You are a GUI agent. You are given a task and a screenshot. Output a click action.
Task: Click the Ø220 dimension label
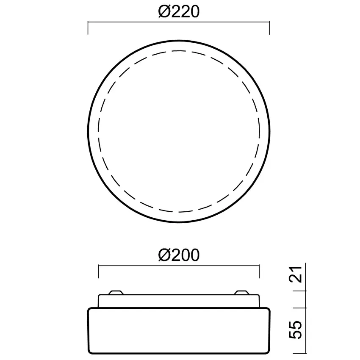tap(178, 12)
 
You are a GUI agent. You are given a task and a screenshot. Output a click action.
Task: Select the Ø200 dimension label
tap(178, 255)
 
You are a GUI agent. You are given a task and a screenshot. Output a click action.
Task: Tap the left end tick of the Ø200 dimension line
tap(98, 271)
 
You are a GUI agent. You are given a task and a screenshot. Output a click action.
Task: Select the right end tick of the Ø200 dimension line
tap(259, 271)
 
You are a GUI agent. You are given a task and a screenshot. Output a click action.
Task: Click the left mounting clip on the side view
tap(115, 292)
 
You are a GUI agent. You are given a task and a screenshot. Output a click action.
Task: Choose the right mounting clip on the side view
tap(242, 292)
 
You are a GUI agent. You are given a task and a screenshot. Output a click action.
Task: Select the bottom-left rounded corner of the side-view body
tap(90, 351)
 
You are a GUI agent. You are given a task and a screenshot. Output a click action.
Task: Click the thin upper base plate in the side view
tap(178, 301)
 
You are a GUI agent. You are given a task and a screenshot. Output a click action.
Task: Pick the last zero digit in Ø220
tap(193, 12)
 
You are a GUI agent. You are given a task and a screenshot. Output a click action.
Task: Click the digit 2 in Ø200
tap(175, 255)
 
